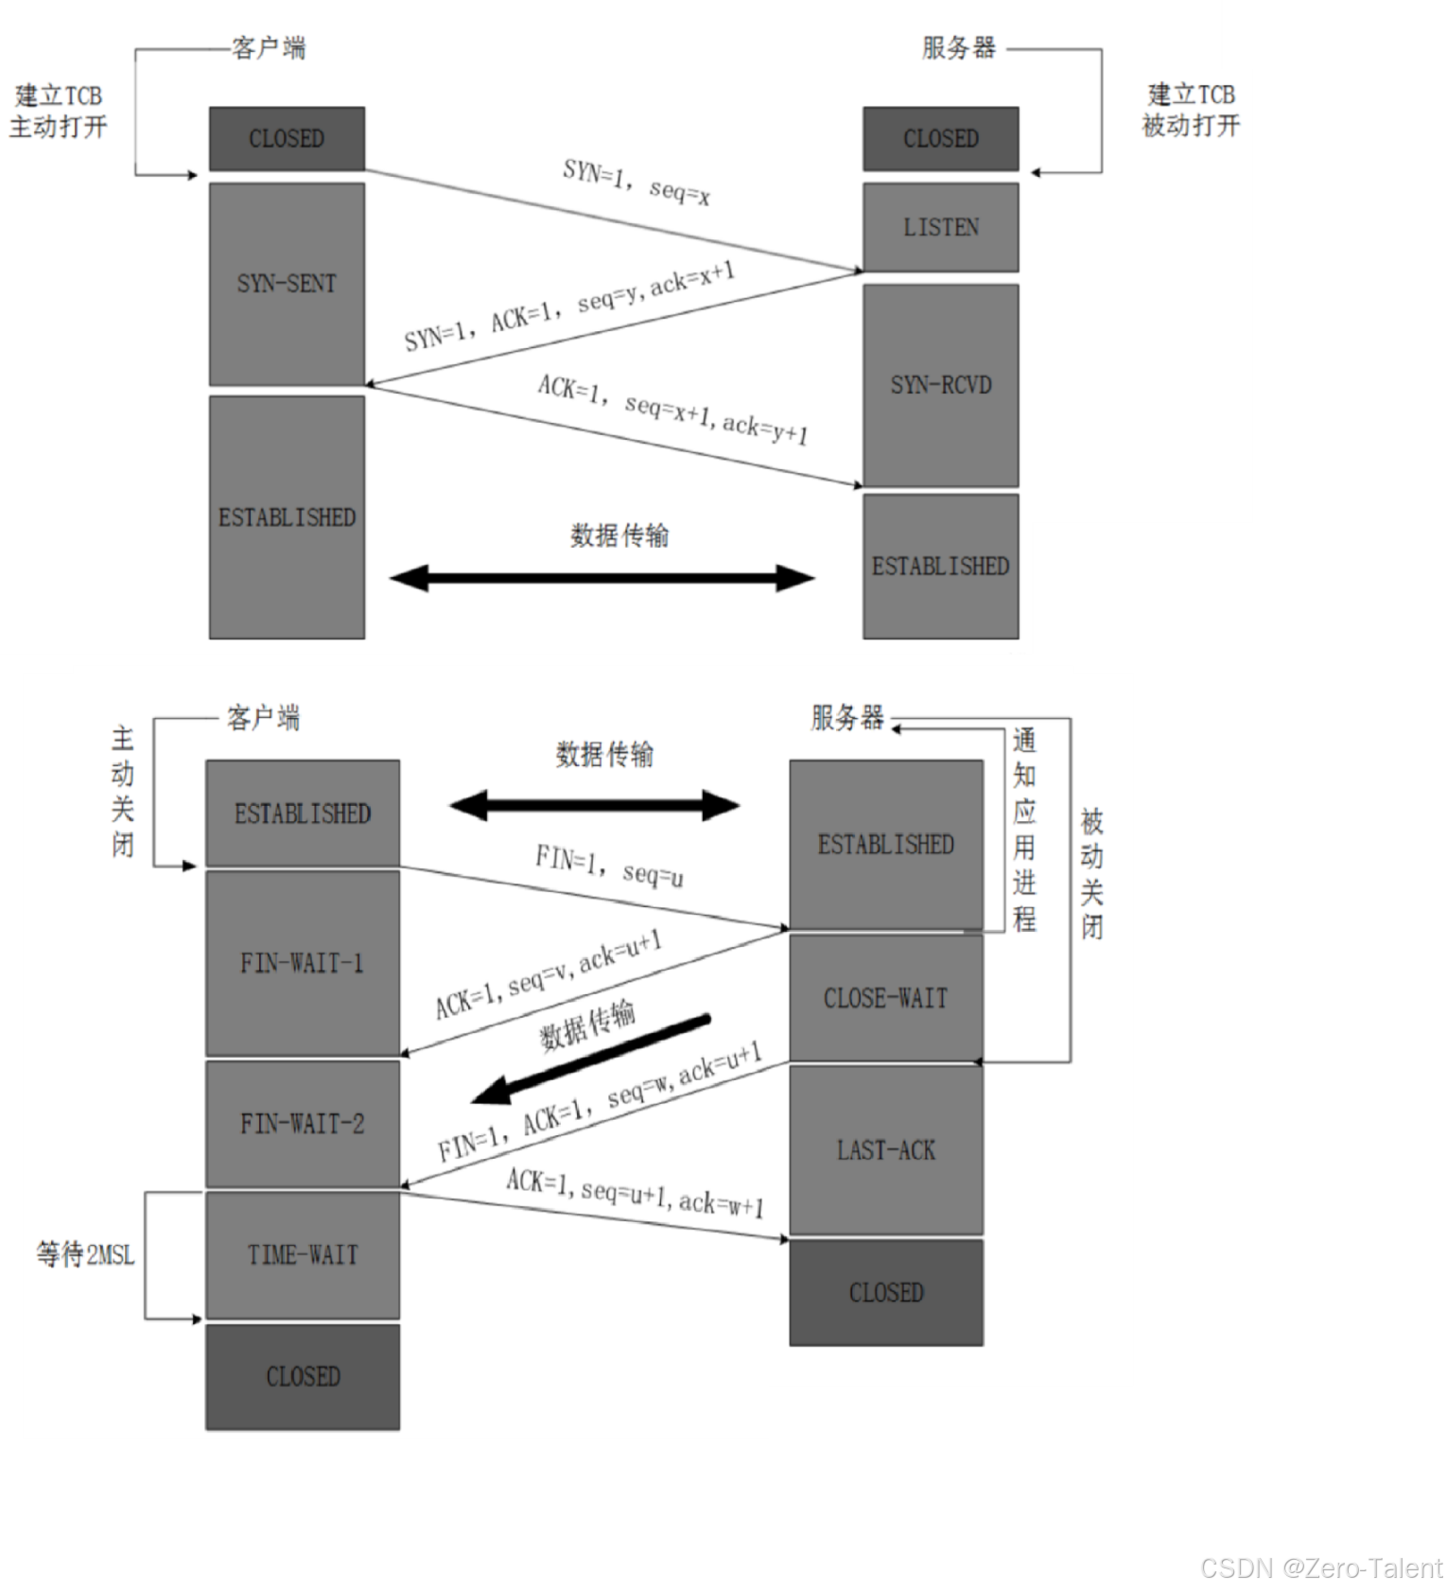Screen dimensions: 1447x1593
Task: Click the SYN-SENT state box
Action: (x=287, y=284)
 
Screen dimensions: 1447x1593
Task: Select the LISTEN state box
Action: (x=940, y=227)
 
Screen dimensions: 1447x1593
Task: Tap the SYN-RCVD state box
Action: (x=940, y=385)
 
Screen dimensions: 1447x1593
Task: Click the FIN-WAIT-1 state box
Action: (x=303, y=963)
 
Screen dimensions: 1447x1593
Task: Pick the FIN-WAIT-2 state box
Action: (x=303, y=1124)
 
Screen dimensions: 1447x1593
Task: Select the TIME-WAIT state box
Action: (x=303, y=1254)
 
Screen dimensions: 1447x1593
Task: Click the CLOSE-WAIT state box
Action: (x=886, y=998)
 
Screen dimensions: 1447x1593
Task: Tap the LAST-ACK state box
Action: (x=886, y=1150)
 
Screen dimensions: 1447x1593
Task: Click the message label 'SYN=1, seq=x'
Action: (x=636, y=182)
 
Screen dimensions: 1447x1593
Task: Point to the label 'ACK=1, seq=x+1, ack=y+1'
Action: (x=672, y=409)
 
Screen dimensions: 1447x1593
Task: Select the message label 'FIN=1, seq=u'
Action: (x=609, y=866)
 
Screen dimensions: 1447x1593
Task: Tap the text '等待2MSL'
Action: (x=85, y=1254)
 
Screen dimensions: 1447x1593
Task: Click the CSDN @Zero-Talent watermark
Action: (x=1319, y=1567)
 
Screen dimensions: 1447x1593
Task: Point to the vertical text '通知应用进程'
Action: (x=1024, y=830)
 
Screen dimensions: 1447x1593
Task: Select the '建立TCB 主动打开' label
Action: (x=59, y=111)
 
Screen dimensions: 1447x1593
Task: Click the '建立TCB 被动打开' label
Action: (x=1191, y=110)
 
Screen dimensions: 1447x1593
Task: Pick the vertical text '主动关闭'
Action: (x=123, y=791)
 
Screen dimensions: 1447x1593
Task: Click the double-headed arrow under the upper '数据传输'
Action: (x=601, y=578)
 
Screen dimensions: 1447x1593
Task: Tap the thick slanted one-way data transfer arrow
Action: (x=591, y=1060)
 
